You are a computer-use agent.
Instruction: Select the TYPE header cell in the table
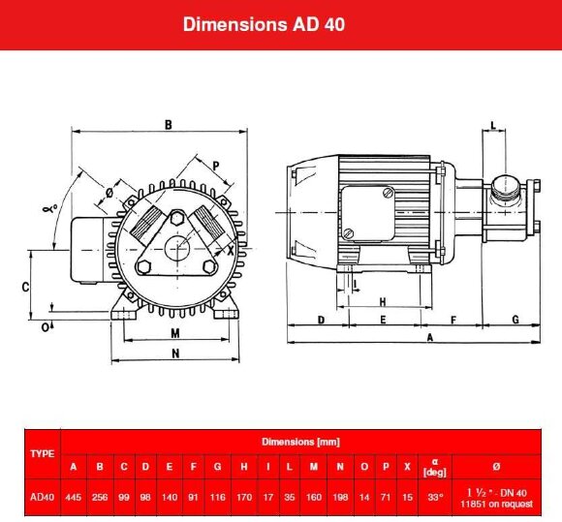tap(42, 453)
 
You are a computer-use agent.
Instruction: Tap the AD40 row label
tap(42, 496)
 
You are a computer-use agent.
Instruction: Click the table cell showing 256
tap(100, 496)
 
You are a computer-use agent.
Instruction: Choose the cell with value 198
tap(340, 496)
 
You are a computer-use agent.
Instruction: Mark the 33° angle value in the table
tap(435, 496)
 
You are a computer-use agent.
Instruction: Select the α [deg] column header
tap(435, 467)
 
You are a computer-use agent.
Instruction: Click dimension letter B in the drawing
tap(168, 124)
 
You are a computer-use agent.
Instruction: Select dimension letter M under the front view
tap(174, 333)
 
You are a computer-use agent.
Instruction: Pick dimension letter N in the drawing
tap(174, 354)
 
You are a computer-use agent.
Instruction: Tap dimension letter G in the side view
tap(515, 319)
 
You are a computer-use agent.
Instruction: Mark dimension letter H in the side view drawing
tap(383, 300)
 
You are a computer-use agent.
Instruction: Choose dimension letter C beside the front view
tap(26, 287)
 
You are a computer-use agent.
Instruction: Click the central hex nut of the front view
tap(176, 247)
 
